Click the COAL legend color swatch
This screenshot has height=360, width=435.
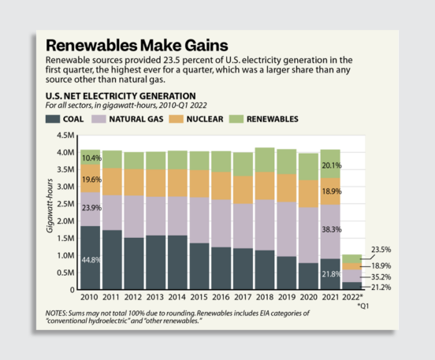click(x=54, y=118)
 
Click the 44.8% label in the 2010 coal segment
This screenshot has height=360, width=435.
click(x=89, y=259)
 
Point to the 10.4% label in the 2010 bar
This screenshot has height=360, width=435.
click(x=89, y=158)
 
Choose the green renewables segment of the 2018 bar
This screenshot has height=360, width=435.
click(x=264, y=161)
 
